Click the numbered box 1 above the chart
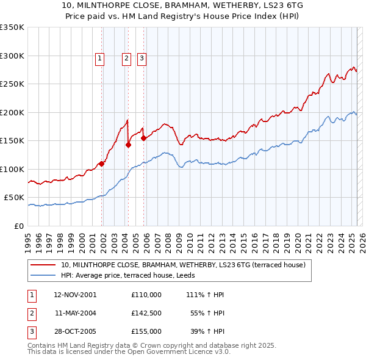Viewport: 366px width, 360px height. point(99,59)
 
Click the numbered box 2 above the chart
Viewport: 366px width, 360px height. point(126,59)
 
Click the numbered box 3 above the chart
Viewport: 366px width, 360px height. point(142,59)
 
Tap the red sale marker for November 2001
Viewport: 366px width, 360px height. point(102,164)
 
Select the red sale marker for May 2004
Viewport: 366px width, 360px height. point(129,145)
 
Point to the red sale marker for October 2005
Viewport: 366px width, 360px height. point(144,138)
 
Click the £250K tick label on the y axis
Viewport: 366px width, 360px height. point(12,84)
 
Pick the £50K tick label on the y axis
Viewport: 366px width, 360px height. point(14,198)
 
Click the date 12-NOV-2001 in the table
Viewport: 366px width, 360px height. point(75,295)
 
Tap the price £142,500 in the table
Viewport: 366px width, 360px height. point(146,313)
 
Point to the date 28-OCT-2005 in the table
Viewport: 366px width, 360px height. point(75,331)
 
